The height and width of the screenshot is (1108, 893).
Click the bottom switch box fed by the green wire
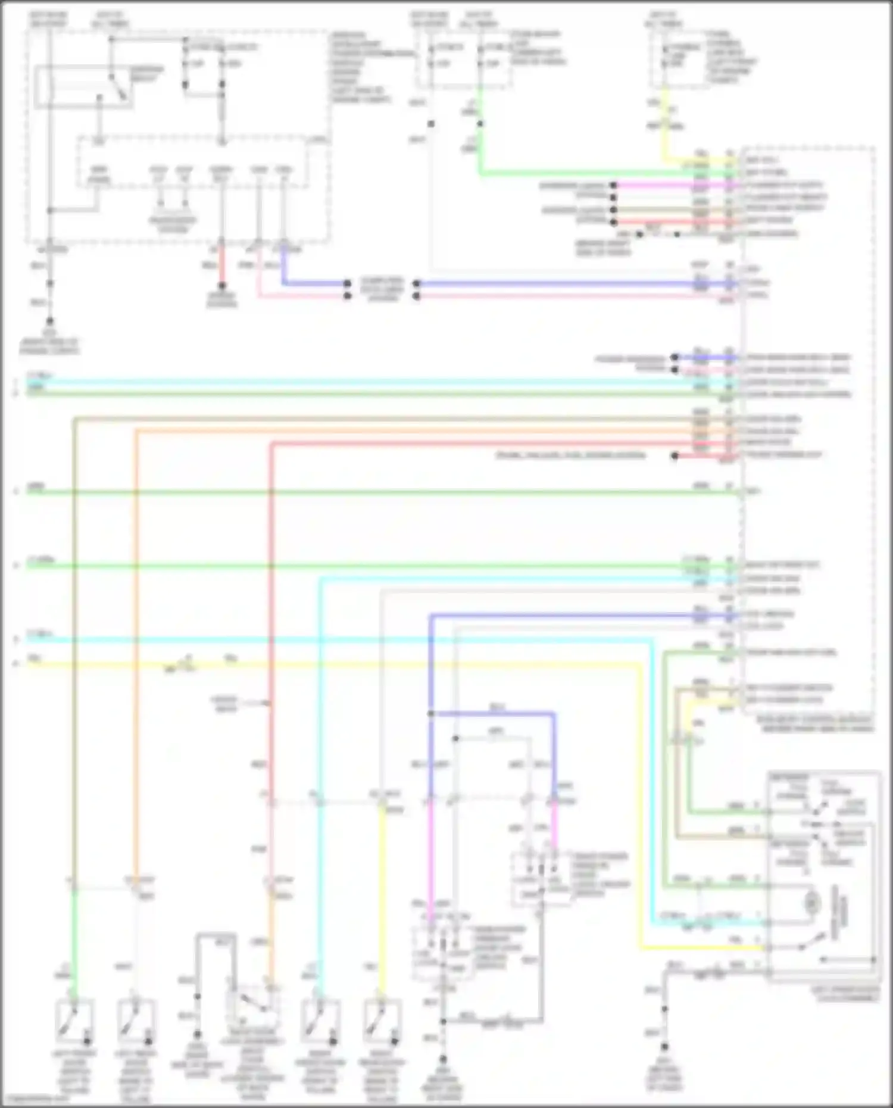(74, 1020)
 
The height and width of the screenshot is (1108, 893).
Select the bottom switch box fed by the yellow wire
(382, 1020)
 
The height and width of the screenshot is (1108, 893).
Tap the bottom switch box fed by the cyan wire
(320, 1020)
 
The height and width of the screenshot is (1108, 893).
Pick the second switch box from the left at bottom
(136, 1020)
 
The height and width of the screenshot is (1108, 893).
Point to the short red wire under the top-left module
(222, 268)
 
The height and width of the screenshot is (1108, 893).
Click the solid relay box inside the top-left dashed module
(83, 88)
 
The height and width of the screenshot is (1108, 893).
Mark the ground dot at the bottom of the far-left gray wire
(50, 321)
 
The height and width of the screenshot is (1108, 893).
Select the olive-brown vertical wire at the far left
(74, 655)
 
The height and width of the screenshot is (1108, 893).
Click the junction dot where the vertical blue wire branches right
(430, 713)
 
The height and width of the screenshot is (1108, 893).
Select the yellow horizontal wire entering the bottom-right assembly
(702, 947)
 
